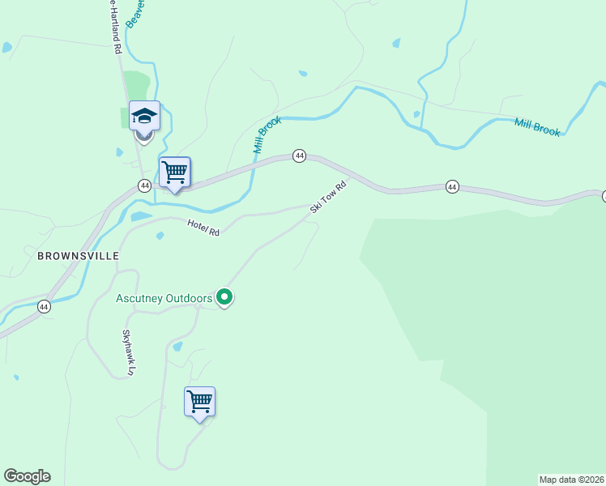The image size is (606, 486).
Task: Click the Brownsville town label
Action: coord(78,255)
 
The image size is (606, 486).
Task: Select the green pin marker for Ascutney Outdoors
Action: coord(225,298)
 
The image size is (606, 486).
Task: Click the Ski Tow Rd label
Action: coord(328,198)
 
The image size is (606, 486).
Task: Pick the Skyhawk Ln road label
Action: coord(127,352)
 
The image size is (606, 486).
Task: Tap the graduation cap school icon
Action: coord(144,117)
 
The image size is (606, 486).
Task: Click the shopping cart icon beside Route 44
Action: coord(174,173)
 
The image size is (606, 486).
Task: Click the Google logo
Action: coord(27,476)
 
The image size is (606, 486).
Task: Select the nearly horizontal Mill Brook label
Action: coord(536,126)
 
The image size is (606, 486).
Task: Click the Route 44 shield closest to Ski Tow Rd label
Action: coord(299,156)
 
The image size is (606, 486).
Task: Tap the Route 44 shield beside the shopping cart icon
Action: coord(144,185)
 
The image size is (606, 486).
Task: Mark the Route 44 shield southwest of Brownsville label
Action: coord(44,306)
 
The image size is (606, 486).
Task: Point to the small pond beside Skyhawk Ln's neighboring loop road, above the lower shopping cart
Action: coord(177,346)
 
